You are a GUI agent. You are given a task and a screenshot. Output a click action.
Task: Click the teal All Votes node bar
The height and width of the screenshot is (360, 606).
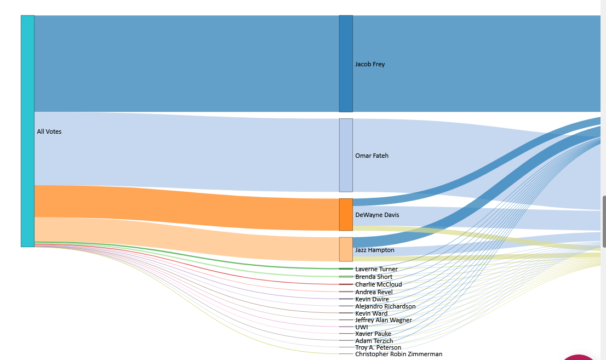[27, 131]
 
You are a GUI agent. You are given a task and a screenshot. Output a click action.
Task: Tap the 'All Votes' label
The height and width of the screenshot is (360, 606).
[49, 132]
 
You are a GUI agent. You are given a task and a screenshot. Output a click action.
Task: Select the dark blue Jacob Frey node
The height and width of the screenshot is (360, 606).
[346, 64]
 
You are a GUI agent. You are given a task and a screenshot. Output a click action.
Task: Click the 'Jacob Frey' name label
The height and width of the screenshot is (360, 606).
[370, 64]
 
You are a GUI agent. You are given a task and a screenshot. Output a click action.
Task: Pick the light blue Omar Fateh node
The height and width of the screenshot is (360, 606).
[346, 155]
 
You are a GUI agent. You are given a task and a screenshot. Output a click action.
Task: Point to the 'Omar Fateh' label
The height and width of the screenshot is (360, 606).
[371, 156]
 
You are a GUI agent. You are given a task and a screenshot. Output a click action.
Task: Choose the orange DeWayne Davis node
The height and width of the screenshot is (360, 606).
[346, 214]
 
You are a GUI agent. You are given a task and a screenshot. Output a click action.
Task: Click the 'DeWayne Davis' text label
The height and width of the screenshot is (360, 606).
[377, 215]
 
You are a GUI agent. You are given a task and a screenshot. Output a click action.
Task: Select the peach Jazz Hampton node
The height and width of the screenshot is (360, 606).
[346, 249]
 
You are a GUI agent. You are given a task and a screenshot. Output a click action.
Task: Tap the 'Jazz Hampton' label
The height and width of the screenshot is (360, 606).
[375, 250]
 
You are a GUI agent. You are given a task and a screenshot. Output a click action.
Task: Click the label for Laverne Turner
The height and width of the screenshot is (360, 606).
[376, 269]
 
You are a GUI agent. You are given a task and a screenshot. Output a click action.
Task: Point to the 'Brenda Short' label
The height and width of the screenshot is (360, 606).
[374, 277]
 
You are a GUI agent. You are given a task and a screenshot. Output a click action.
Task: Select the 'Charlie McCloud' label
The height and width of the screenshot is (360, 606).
[378, 284]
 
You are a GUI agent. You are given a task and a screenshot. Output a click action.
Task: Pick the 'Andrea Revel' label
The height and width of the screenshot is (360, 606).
[374, 292]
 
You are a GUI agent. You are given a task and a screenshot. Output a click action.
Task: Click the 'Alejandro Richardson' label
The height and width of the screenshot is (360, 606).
[385, 306]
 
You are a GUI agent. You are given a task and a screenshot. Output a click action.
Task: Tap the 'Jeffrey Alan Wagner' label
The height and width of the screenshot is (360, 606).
[384, 320]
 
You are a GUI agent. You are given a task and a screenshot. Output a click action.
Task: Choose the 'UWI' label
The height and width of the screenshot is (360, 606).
[362, 327]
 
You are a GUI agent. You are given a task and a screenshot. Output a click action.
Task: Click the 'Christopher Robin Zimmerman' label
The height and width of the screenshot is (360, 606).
[398, 354]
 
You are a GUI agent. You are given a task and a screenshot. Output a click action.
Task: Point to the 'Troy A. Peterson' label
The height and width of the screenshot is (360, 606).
[378, 347]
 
